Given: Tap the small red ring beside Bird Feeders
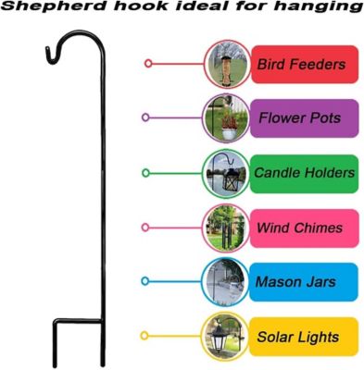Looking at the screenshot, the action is [x=147, y=64].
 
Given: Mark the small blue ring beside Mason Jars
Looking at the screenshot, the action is [x=146, y=281].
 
